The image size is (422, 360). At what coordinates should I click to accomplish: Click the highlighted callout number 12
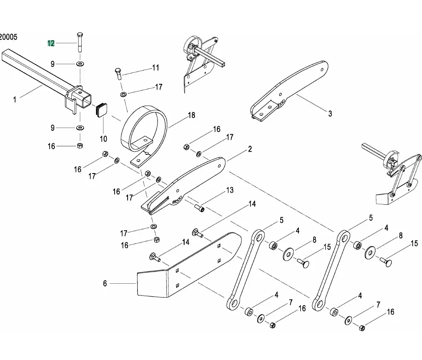coord(51,43)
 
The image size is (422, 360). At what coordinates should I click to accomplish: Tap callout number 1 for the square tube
coord(15,100)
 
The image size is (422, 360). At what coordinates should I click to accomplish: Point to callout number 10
coord(103,138)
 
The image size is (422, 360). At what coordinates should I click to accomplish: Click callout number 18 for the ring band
coord(191,116)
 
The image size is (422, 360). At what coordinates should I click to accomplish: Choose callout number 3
coord(330,114)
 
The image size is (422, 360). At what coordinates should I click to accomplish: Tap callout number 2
coord(250,149)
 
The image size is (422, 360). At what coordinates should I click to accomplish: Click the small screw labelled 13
coord(199,207)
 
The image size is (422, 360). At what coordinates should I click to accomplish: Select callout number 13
coord(229,190)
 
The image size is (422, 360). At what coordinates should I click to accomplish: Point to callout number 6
coord(105,283)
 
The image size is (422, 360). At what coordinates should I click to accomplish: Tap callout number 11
coord(155,68)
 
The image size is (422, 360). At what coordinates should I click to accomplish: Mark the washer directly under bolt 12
coord(80,64)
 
